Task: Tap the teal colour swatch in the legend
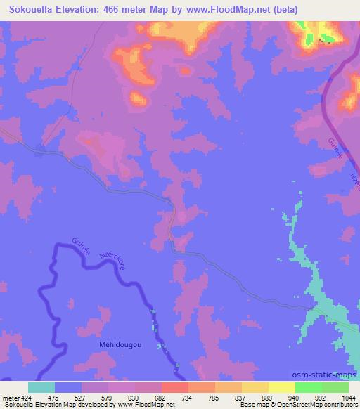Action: pyautogui.click(x=41, y=387)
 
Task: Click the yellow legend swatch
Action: pyautogui.click(x=282, y=387)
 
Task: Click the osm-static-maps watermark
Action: pyautogui.click(x=330, y=377)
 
